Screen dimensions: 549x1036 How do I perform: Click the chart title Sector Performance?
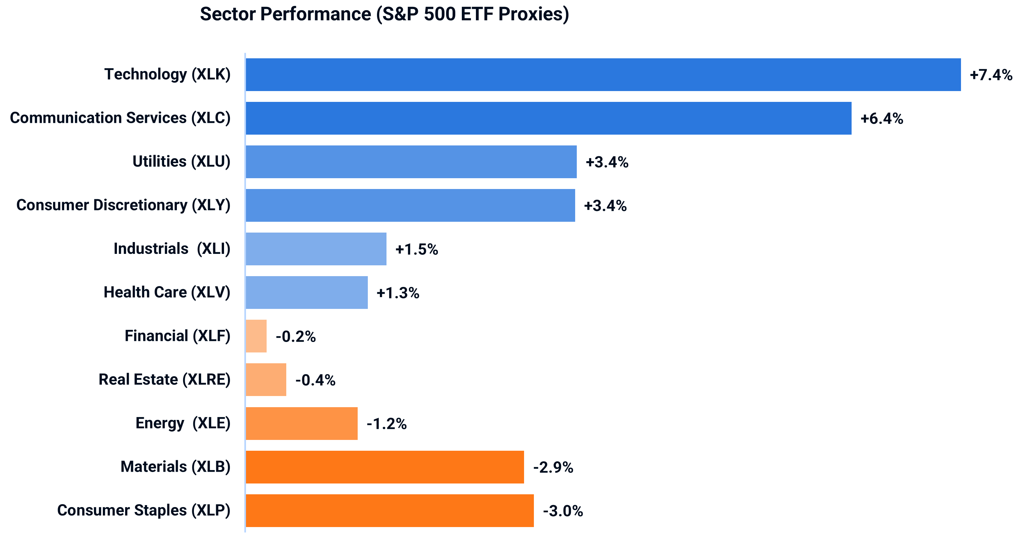click(x=384, y=14)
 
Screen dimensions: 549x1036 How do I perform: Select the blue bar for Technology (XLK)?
click(x=603, y=75)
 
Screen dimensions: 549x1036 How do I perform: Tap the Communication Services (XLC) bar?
click(x=548, y=118)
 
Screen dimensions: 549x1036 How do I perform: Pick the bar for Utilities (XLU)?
click(x=411, y=162)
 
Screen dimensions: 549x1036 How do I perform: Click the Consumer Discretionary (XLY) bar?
click(x=410, y=205)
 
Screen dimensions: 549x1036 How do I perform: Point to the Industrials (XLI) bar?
click(x=316, y=249)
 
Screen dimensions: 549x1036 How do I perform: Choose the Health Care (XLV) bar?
click(x=307, y=293)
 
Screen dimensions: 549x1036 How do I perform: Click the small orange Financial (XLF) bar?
click(x=256, y=336)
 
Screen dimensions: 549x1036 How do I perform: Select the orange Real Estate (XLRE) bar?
click(x=266, y=380)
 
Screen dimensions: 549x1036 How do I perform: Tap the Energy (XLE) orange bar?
click(x=302, y=423)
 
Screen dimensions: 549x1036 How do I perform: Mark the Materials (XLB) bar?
click(x=385, y=467)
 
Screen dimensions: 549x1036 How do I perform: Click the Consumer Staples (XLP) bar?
click(x=390, y=510)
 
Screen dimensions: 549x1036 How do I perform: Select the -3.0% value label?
click(x=563, y=511)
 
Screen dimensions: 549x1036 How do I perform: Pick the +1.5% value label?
click(x=416, y=249)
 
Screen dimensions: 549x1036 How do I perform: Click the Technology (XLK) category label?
click(x=167, y=75)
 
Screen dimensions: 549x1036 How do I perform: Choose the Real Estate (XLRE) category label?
click(x=164, y=380)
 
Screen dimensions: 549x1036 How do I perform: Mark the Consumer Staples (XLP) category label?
click(x=143, y=510)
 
